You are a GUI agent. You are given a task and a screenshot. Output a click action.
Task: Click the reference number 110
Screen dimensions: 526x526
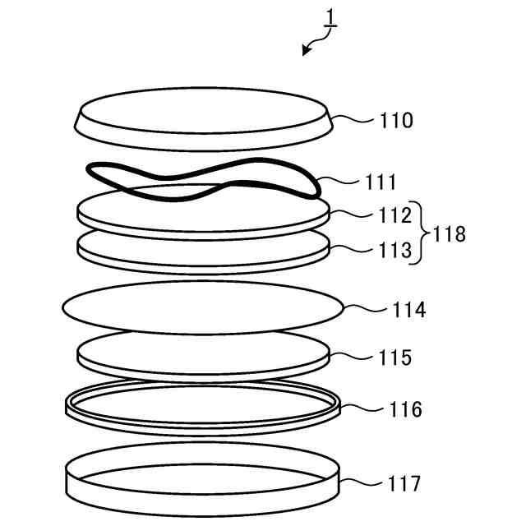(396, 122)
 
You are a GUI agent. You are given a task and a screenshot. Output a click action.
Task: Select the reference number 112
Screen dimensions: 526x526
(394, 217)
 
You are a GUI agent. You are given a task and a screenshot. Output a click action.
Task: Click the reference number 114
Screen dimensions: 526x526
(409, 311)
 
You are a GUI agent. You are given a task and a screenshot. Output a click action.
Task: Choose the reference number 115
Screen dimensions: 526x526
(396, 358)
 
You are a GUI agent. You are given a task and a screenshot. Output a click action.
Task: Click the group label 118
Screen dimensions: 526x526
(450, 234)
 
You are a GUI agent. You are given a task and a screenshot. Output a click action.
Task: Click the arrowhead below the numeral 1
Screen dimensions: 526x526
(306, 51)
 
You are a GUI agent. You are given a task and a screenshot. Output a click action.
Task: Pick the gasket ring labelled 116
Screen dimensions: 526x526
(202, 418)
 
